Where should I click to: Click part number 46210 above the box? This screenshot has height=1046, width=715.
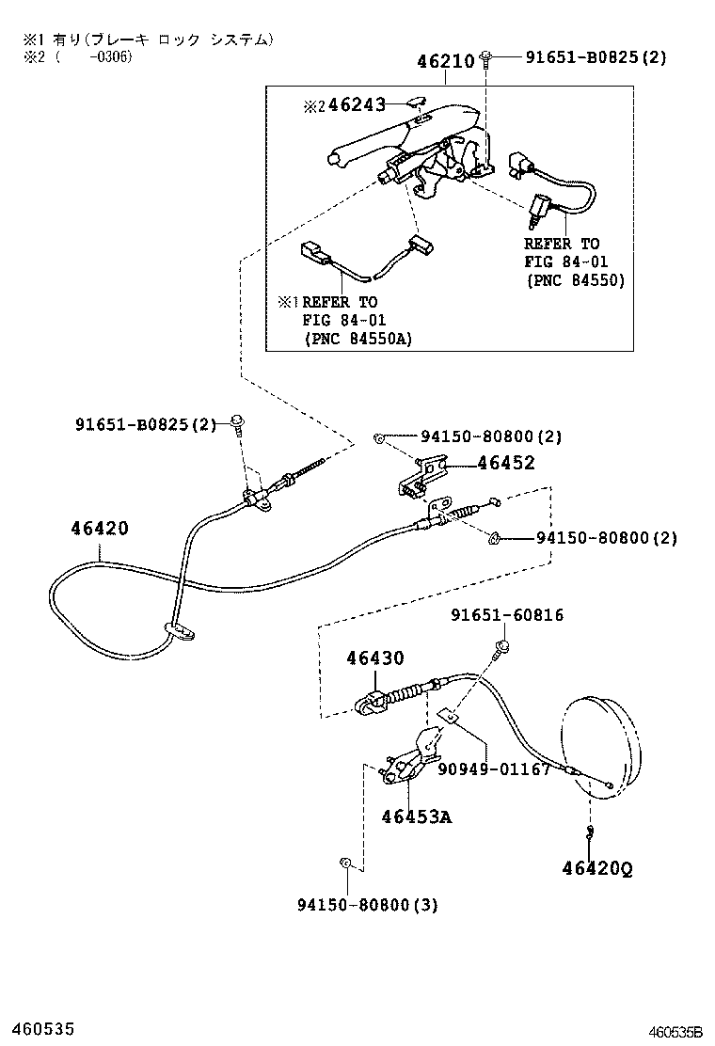coord(446,63)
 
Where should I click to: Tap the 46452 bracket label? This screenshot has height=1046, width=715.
coord(505,463)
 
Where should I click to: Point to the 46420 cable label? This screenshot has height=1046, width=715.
coord(99,529)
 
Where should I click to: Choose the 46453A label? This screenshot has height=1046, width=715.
coord(416,816)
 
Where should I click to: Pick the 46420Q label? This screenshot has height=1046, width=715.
coord(597,868)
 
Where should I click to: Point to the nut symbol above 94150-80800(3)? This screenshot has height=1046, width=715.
coord(345,862)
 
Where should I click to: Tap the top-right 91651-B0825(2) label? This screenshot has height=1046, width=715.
coord(595,57)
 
